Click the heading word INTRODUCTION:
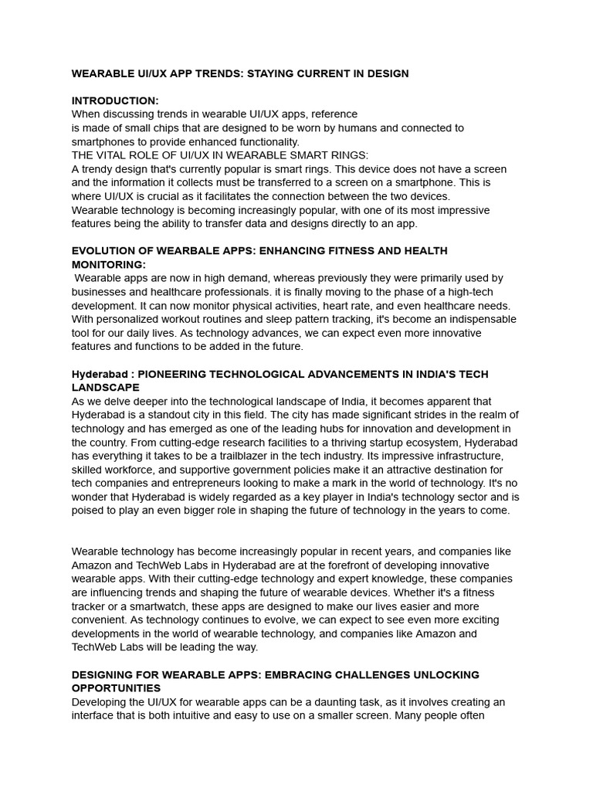coord(115,100)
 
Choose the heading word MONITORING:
coord(108,264)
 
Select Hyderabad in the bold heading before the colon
coord(99,374)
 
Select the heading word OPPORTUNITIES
coord(116,687)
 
